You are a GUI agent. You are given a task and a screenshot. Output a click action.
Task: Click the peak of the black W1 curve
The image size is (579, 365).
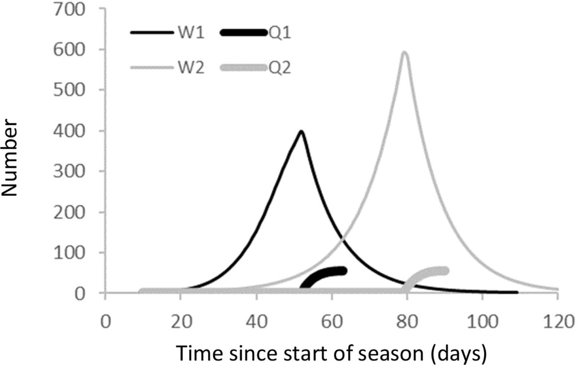301,132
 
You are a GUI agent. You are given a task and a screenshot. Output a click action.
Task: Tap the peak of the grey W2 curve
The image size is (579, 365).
404,53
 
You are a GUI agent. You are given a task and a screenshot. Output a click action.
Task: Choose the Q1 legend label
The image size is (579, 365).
279,32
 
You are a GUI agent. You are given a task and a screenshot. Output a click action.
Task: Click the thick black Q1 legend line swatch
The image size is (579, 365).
244,32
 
